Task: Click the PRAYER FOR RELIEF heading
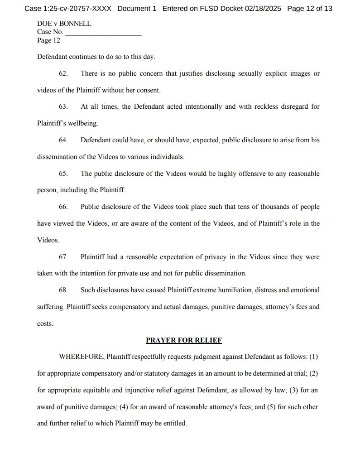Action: (183, 340)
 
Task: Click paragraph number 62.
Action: (63, 73)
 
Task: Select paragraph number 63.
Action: (63, 106)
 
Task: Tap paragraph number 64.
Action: (63, 140)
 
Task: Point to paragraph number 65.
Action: (63, 174)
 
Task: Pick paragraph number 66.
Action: (63, 207)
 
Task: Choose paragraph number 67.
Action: (63, 257)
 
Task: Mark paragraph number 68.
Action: (63, 290)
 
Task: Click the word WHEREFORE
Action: (81, 357)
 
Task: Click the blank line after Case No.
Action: (103, 33)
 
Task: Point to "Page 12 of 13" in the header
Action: (309, 9)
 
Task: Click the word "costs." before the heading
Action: (45, 323)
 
